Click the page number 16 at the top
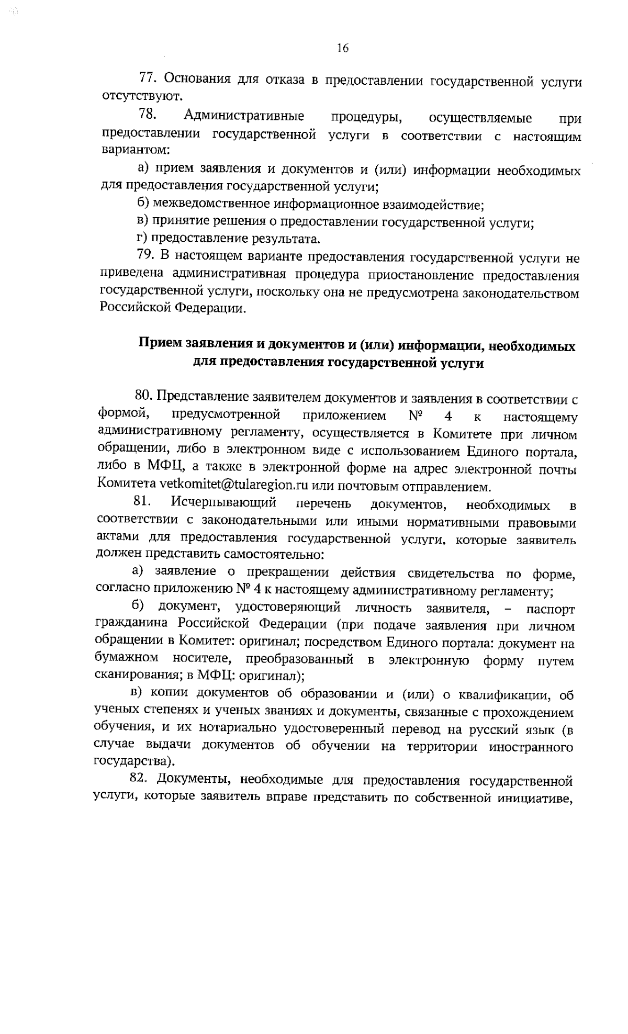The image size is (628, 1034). [x=342, y=49]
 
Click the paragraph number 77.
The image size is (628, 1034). [x=148, y=78]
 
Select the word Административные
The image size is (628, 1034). [x=244, y=116]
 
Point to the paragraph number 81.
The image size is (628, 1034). [x=142, y=502]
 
